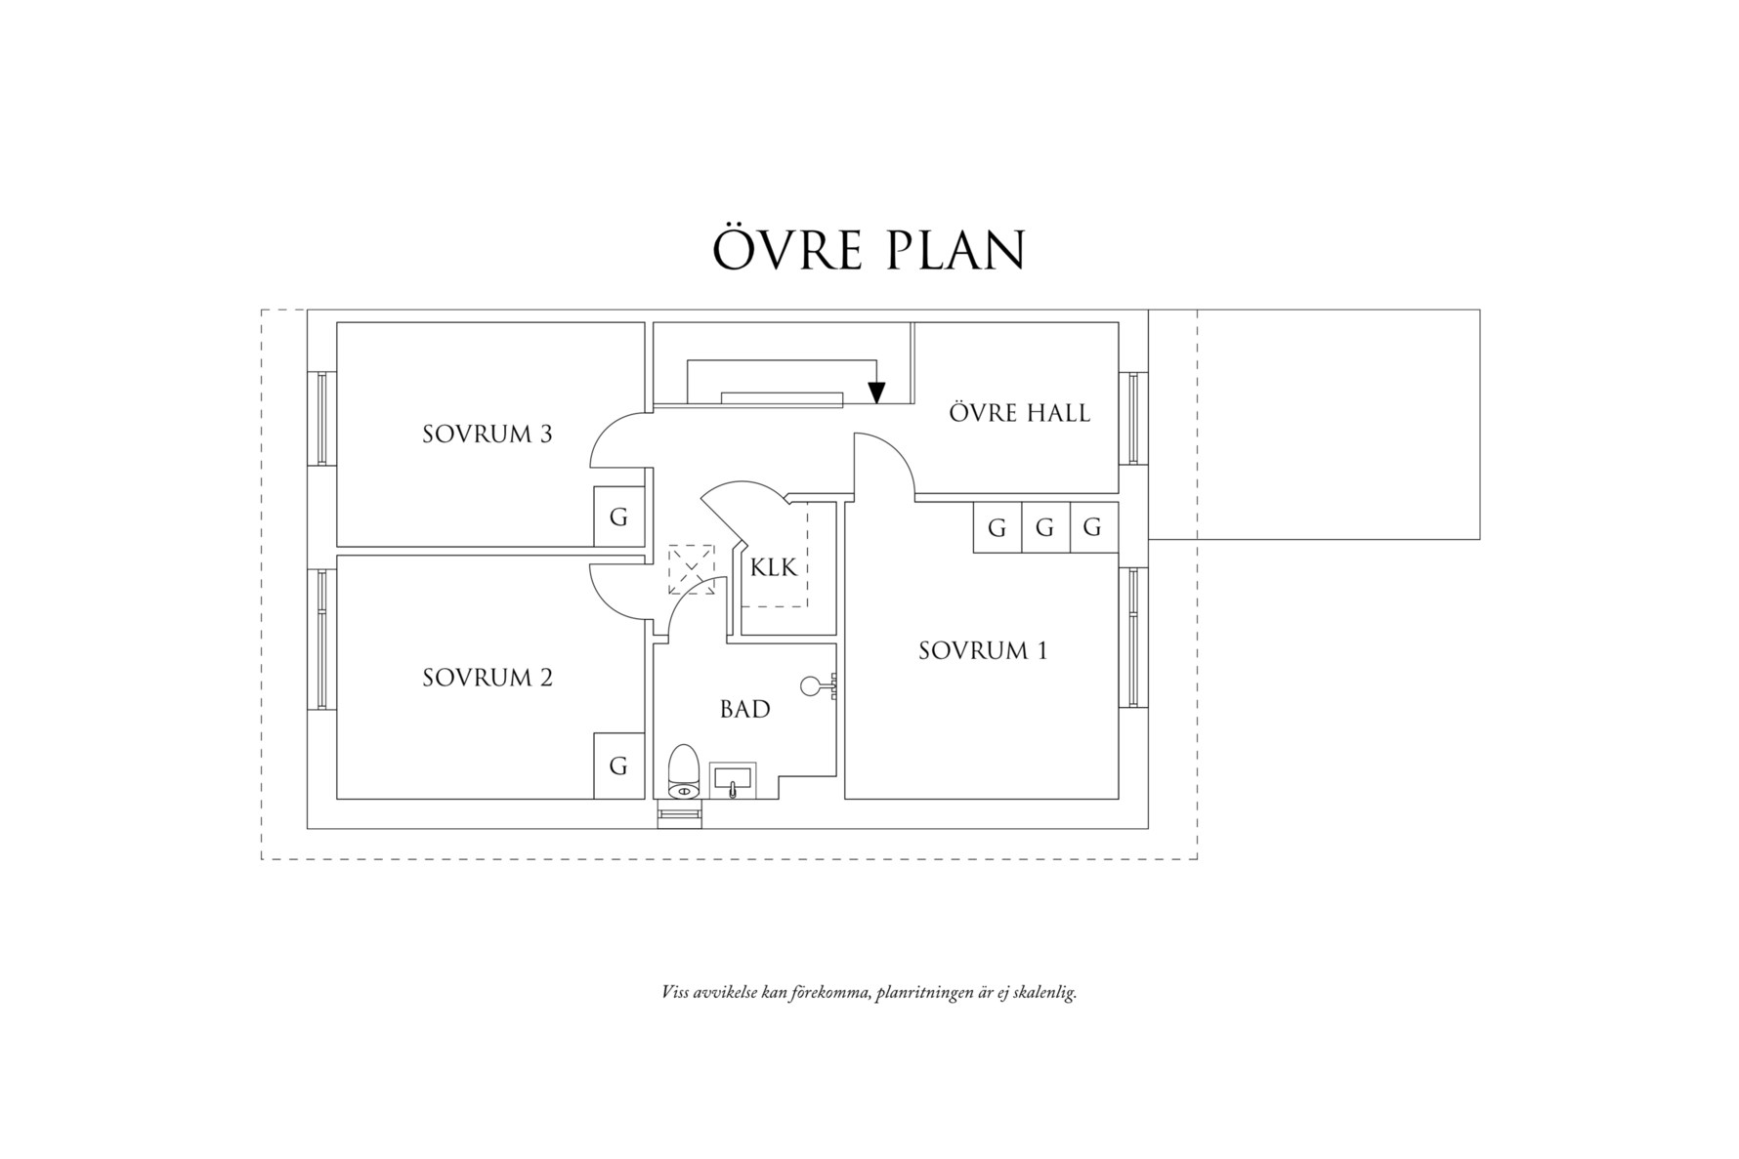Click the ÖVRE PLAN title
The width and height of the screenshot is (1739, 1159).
869,251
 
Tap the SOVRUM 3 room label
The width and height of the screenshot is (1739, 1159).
487,435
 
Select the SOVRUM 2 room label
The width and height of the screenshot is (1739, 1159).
487,678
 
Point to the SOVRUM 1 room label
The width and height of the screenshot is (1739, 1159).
982,651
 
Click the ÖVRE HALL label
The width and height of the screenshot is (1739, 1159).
1019,413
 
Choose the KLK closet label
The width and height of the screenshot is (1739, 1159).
774,567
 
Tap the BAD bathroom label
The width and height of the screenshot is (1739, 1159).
744,710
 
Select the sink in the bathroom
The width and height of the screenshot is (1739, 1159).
732,780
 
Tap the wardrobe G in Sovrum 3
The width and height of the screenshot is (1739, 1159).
618,517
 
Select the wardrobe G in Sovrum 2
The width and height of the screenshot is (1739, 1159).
618,766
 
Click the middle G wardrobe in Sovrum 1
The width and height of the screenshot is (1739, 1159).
1044,528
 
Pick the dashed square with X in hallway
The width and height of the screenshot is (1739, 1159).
692,570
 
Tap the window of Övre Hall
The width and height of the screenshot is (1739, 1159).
1134,418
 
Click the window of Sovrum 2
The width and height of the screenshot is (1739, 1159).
321,640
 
